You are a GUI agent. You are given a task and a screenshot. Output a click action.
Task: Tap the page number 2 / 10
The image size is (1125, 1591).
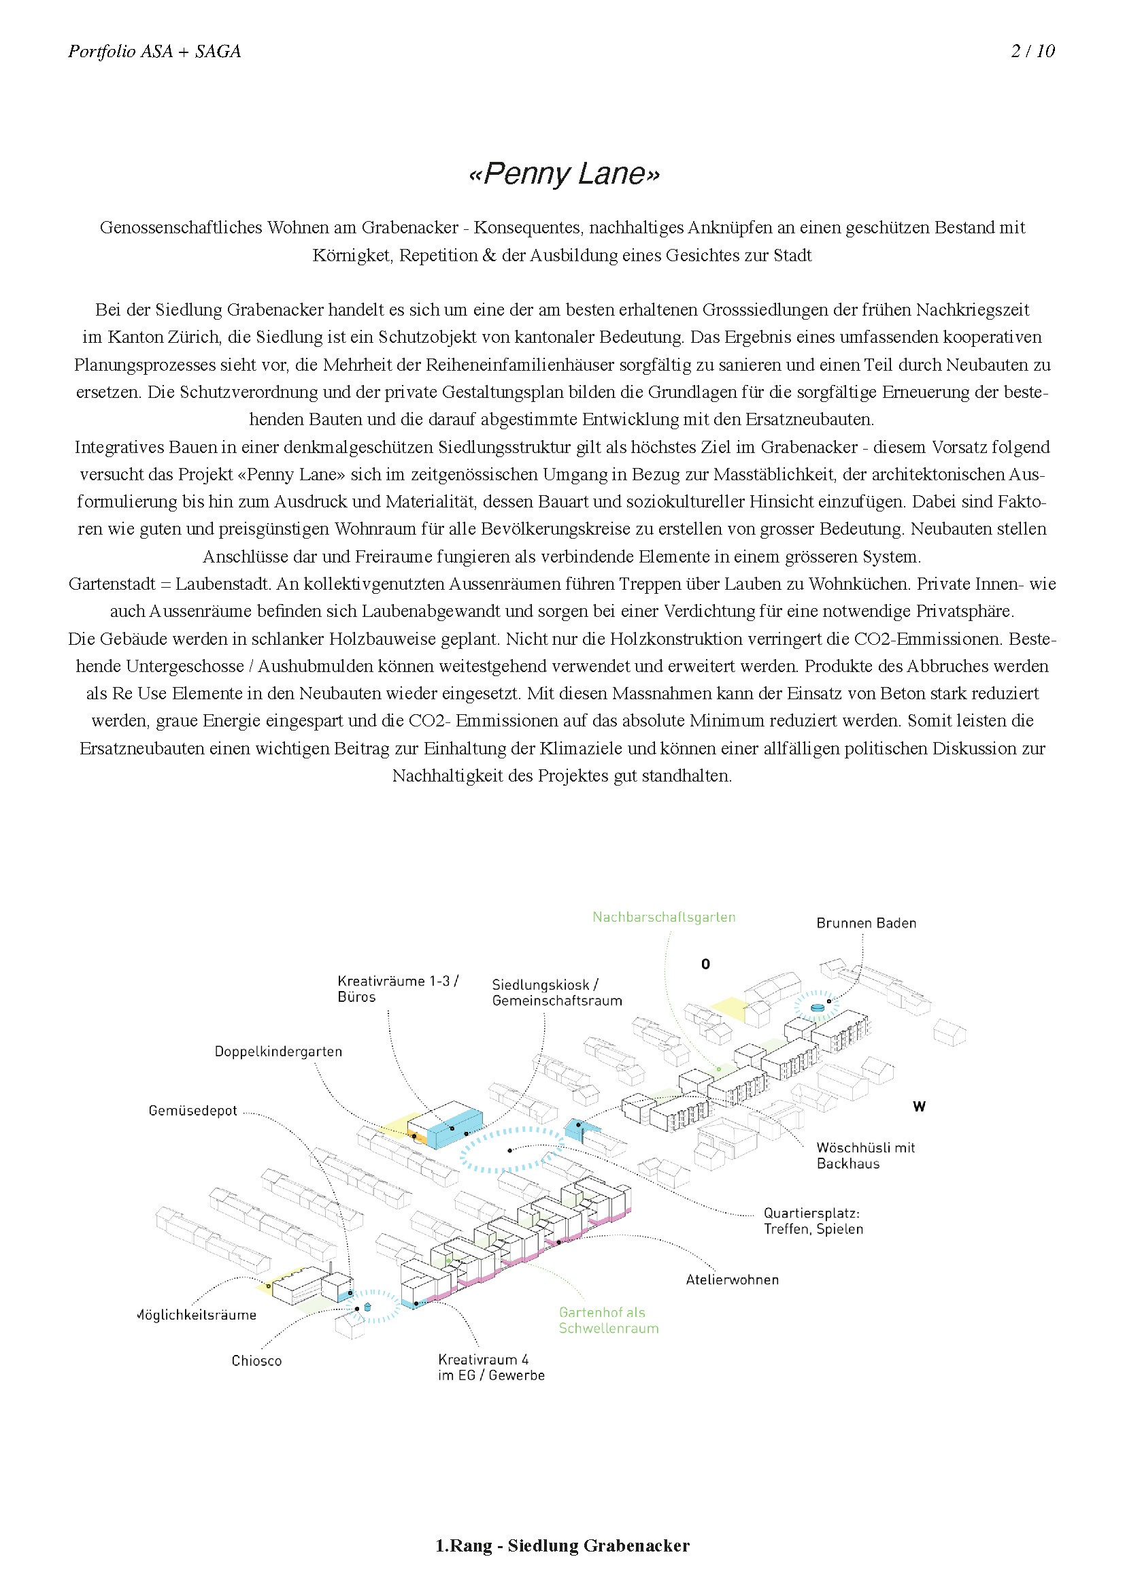pyautogui.click(x=1032, y=51)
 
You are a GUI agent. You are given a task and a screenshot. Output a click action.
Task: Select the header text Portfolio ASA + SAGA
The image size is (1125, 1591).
pyautogui.click(x=154, y=51)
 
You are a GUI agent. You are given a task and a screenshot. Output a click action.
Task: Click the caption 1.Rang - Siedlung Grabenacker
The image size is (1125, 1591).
pyautogui.click(x=562, y=1545)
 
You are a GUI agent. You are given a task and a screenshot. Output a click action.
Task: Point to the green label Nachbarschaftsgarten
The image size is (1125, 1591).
pyautogui.click(x=664, y=917)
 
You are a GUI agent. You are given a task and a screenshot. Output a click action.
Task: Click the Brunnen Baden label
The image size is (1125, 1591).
pyautogui.click(x=866, y=923)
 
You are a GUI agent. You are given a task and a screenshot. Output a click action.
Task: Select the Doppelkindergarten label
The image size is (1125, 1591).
pyautogui.click(x=278, y=1051)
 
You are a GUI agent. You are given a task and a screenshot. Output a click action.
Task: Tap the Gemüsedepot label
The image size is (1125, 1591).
pyautogui.click(x=192, y=1111)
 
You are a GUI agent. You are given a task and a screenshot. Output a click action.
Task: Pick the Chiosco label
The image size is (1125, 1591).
pyautogui.click(x=256, y=1360)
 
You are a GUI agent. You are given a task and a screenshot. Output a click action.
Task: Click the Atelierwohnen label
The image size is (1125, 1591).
pyautogui.click(x=733, y=1279)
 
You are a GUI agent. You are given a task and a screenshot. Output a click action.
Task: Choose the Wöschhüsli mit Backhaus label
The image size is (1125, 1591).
pyautogui.click(x=865, y=1155)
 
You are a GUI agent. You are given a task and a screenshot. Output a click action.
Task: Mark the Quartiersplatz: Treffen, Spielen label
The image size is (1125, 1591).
pyautogui.click(x=813, y=1221)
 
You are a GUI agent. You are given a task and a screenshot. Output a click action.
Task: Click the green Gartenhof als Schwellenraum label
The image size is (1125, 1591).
pyautogui.click(x=608, y=1320)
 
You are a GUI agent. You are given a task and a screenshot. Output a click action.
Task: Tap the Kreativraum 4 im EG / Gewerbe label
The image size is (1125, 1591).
pyautogui.click(x=490, y=1367)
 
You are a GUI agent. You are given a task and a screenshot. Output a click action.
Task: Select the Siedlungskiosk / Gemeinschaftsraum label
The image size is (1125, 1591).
pyautogui.click(x=557, y=992)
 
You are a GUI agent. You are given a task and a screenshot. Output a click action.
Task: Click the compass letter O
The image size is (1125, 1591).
pyautogui.click(x=705, y=964)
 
